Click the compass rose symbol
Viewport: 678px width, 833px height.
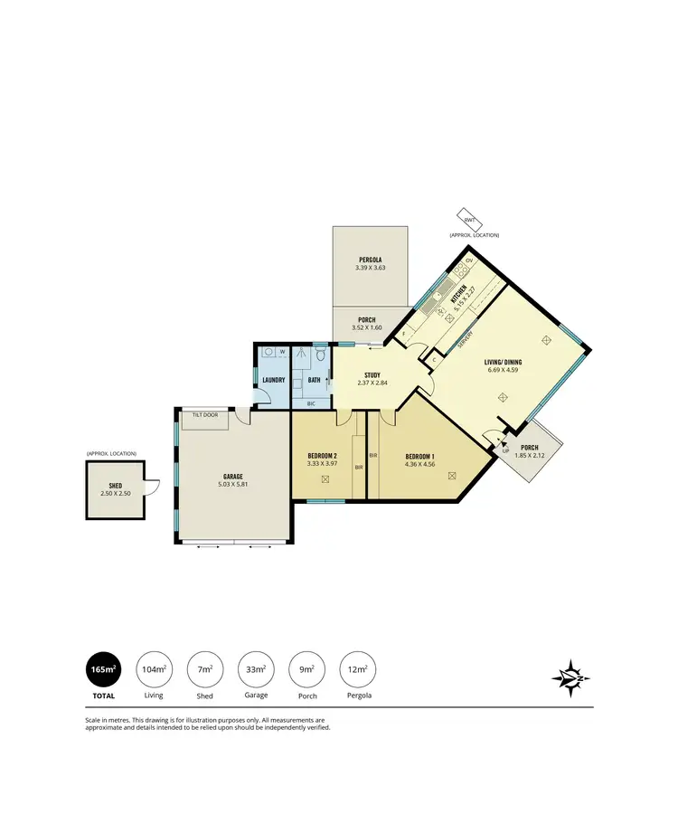tap(571, 675)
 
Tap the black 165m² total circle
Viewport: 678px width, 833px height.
tap(102, 669)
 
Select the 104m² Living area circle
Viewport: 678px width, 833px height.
tap(154, 669)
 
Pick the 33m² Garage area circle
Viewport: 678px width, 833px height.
tap(255, 669)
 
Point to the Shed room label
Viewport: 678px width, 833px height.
tap(115, 485)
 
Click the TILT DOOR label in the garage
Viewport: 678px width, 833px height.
tap(203, 415)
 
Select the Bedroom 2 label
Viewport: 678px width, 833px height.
tap(322, 456)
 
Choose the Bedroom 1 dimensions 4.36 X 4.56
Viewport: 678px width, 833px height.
tap(420, 464)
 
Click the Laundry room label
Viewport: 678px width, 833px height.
tap(274, 381)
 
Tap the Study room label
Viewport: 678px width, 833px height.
tap(372, 374)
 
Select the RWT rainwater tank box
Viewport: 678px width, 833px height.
tap(470, 220)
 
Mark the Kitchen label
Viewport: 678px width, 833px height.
tap(459, 291)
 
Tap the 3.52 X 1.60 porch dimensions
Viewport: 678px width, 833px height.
tap(368, 327)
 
